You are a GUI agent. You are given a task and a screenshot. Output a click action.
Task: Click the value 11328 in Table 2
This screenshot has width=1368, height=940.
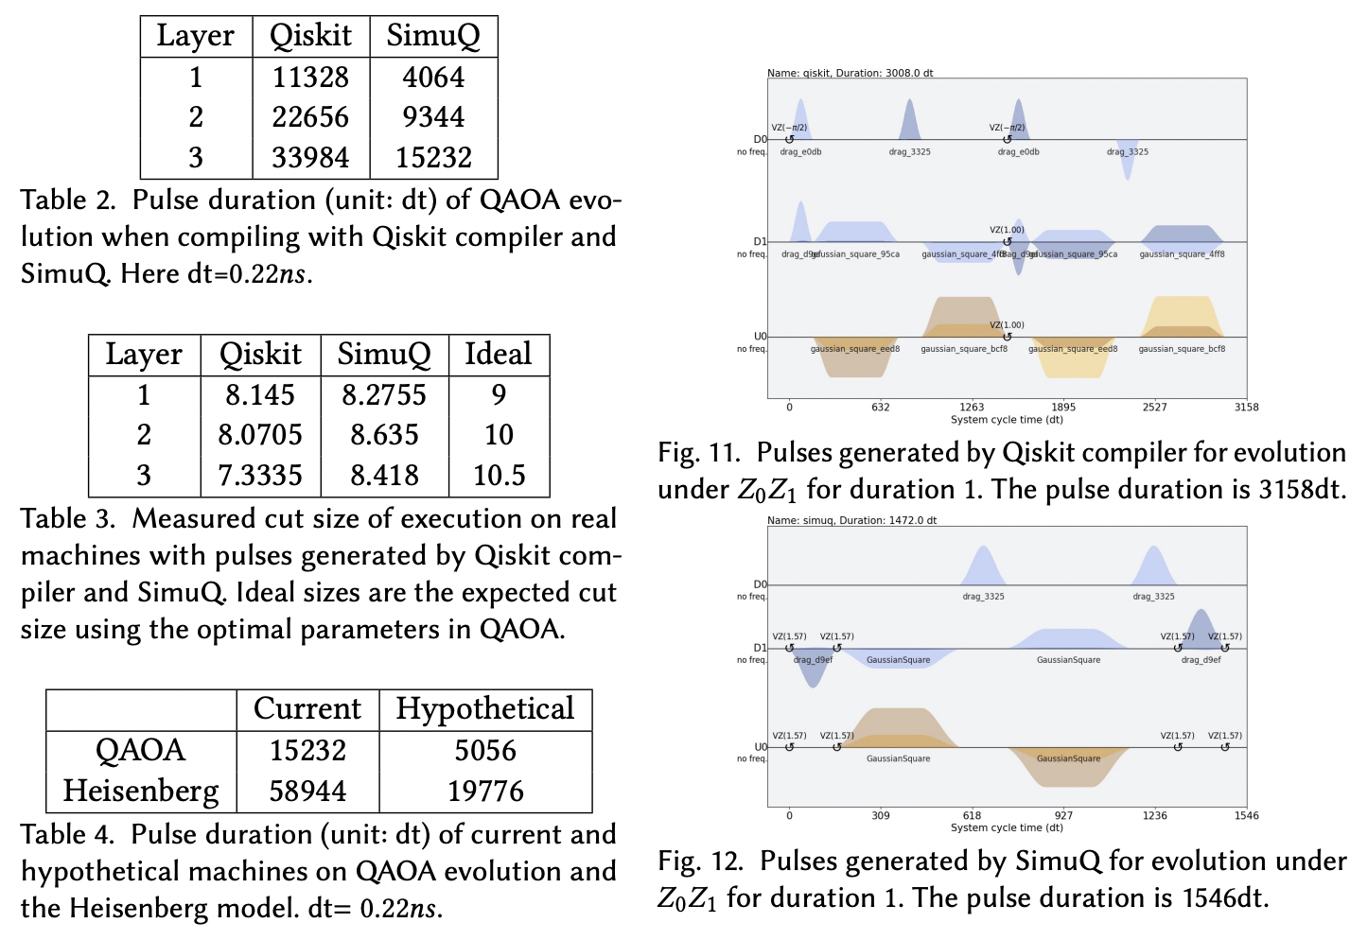pyautogui.click(x=310, y=78)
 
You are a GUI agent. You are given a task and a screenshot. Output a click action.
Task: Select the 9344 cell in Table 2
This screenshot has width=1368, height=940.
pyautogui.click(x=433, y=117)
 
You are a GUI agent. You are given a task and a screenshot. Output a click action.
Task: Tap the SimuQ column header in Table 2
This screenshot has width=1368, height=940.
pyautogui.click(x=433, y=36)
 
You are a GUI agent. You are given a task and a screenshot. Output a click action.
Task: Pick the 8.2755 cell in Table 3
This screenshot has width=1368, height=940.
pyautogui.click(x=384, y=395)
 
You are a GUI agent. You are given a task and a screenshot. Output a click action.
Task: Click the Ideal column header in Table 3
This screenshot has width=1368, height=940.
pyautogui.click(x=499, y=355)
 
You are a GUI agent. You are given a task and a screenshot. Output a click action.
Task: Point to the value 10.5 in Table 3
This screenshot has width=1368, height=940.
pyautogui.click(x=499, y=476)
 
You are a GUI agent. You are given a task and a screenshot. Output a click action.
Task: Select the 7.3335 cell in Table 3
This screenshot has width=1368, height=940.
pyautogui.click(x=260, y=476)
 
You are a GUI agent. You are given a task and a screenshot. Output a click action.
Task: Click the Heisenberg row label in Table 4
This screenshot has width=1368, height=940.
pyautogui.click(x=141, y=792)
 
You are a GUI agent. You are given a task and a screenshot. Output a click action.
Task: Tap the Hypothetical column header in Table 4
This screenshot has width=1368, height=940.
pyautogui.click(x=485, y=709)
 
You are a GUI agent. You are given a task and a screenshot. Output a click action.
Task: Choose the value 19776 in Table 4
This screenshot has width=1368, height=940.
pyautogui.click(x=485, y=792)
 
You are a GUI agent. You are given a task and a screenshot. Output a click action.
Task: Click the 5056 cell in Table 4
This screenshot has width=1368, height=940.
pyautogui.click(x=485, y=751)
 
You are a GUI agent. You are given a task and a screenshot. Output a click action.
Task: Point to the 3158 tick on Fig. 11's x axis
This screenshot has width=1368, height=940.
pyautogui.click(x=1246, y=408)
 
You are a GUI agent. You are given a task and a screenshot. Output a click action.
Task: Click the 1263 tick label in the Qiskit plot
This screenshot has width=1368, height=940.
pyautogui.click(x=972, y=408)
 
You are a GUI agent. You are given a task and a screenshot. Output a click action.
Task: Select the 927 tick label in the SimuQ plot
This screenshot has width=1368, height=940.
pyautogui.click(x=1063, y=816)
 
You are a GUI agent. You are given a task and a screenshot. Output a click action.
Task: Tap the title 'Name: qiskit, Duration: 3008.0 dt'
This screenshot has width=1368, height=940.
pyautogui.click(x=850, y=73)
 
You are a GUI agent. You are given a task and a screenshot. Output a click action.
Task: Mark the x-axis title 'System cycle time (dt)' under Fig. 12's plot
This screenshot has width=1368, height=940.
pyautogui.click(x=1007, y=827)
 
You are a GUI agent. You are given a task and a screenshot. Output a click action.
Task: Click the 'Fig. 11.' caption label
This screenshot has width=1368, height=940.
pyautogui.click(x=698, y=453)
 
